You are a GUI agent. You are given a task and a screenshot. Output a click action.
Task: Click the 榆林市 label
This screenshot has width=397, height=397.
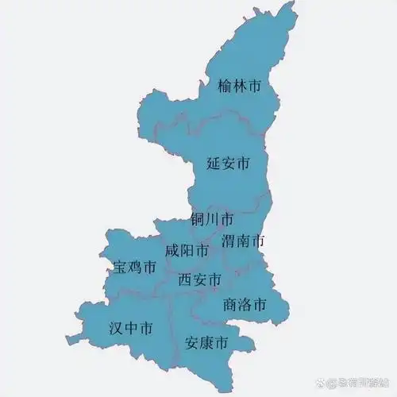(239, 85)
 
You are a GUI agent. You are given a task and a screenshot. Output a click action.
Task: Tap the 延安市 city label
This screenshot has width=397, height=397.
(228, 164)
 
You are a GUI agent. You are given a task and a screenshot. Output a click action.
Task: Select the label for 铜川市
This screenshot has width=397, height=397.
(212, 218)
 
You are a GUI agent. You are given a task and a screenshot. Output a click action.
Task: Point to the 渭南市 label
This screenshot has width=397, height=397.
(243, 240)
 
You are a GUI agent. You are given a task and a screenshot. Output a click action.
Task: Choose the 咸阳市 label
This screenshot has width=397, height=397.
(187, 251)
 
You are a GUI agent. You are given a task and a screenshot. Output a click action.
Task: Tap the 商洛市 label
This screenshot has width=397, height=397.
(245, 304)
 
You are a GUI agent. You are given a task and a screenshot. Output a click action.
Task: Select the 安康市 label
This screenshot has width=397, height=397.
(206, 344)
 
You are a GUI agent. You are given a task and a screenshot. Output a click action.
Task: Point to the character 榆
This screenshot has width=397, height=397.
(225, 85)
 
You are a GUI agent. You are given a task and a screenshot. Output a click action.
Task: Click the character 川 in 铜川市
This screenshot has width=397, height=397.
(212, 218)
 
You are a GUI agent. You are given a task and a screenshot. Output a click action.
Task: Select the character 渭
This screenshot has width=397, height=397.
(229, 240)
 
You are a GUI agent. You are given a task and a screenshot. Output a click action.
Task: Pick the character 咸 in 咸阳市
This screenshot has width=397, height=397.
(172, 251)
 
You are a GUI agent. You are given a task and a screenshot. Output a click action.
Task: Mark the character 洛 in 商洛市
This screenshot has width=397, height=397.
(245, 304)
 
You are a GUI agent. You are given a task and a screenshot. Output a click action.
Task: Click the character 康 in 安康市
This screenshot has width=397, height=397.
(206, 344)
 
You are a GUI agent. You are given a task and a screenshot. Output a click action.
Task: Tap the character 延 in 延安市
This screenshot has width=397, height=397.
(213, 164)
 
